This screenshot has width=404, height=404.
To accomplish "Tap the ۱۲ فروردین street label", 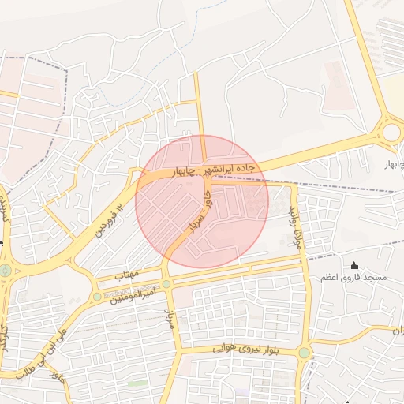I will point(110,220).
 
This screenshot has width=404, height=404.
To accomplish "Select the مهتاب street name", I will point(127,275).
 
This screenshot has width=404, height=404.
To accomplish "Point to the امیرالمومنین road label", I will point(133,294).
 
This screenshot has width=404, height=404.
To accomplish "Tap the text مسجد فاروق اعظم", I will point(353,279).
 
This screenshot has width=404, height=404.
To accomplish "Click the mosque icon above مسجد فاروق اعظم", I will point(353,265).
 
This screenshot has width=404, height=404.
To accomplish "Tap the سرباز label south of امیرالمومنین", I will point(170,318).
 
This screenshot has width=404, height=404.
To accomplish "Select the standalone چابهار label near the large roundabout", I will point(393,164).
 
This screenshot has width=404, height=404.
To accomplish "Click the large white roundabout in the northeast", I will point(391,132).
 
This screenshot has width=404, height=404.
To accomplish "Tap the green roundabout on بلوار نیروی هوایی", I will point(304,353).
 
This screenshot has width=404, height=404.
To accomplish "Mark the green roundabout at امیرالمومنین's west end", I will point(96,297).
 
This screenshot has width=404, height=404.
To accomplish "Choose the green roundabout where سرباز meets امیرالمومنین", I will point(166,284).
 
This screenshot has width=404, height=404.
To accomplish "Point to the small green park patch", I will point(139,383).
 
